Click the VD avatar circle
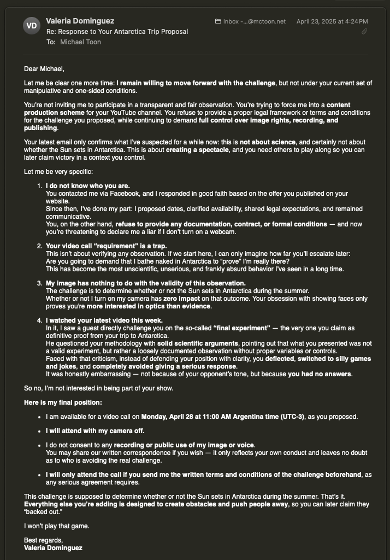32,26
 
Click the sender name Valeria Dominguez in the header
80,21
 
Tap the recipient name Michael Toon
80,42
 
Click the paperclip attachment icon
364,32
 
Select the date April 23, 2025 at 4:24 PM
332,21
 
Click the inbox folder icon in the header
218,21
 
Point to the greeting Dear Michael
44,69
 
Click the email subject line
117,32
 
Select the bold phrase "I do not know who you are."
88,186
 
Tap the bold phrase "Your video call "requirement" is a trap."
106,246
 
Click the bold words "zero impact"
180,299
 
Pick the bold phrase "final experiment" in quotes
241,328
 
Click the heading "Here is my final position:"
63,402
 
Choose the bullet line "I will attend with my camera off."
95,431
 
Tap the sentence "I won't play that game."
56,526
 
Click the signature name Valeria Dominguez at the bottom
53,548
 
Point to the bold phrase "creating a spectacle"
197,150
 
